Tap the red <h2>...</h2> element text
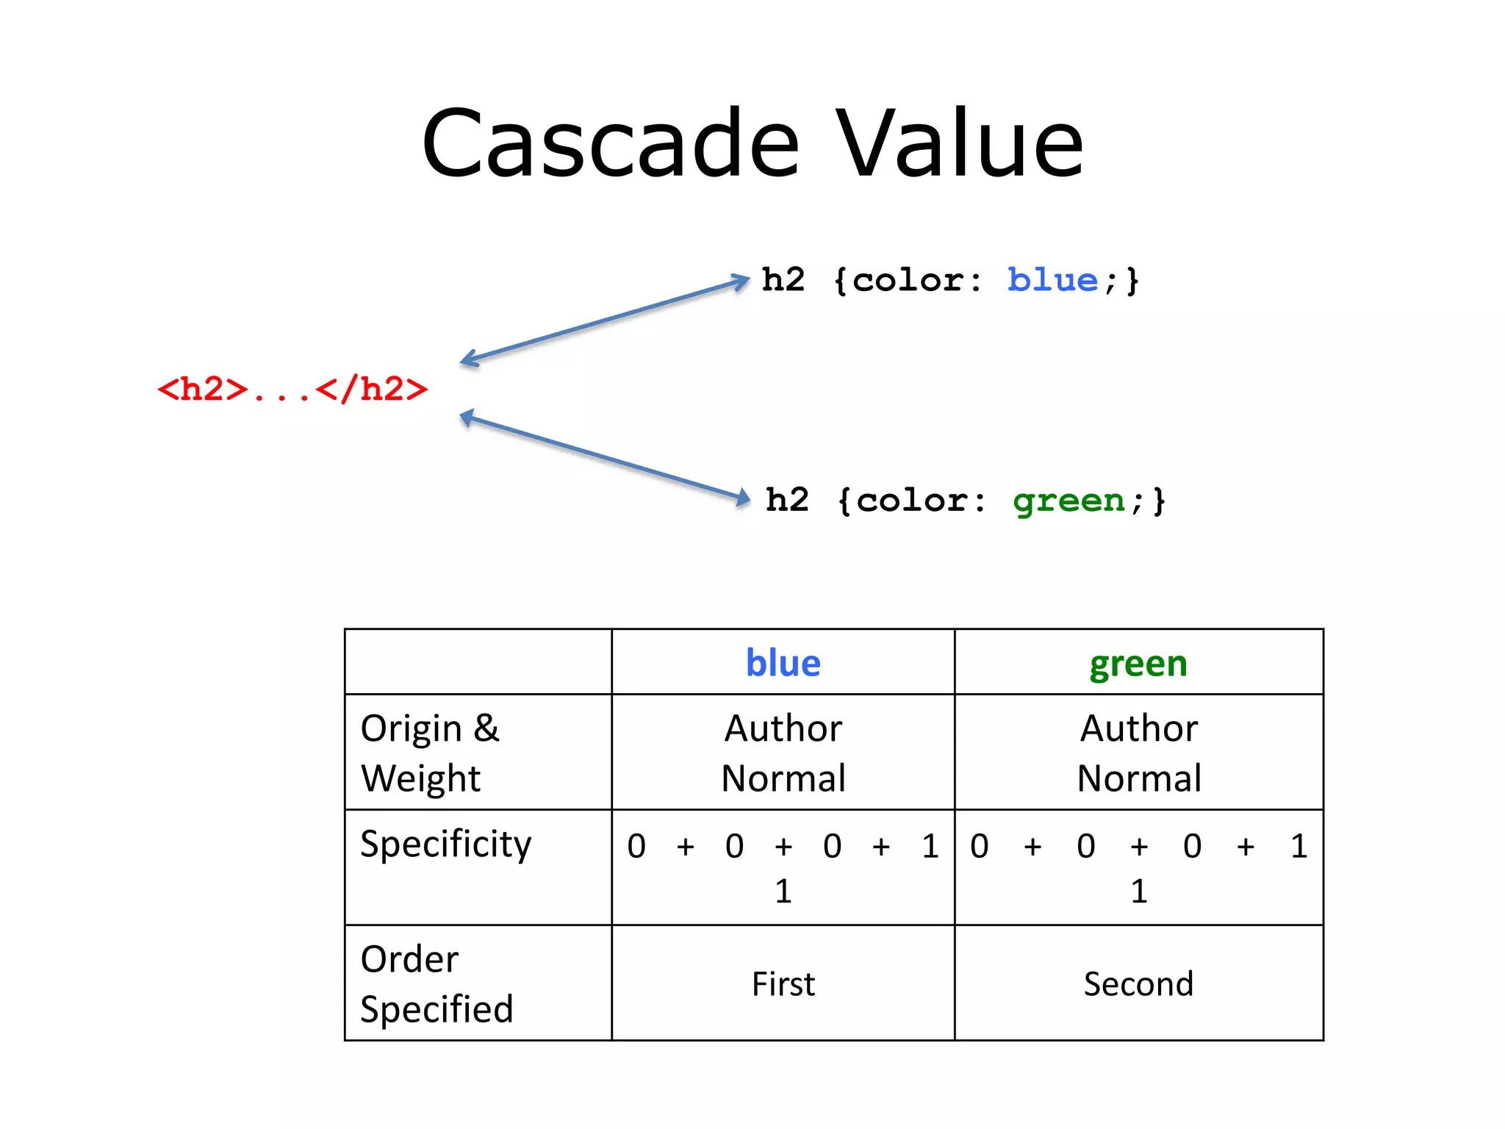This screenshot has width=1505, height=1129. tap(292, 389)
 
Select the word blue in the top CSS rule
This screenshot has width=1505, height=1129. tap(1052, 281)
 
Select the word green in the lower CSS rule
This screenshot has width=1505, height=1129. tap(1068, 501)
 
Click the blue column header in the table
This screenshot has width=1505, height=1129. tap(783, 663)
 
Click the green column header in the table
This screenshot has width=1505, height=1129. tap(1138, 663)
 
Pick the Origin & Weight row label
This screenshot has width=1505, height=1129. tap(430, 753)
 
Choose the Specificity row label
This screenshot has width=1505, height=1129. tap(445, 844)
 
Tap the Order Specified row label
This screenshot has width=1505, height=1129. tap(436, 983)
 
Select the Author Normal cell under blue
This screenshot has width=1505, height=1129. tap(783, 753)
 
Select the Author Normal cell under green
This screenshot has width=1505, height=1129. tap(1138, 753)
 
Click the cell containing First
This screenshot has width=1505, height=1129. tap(783, 983)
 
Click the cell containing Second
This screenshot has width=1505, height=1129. tap(1138, 983)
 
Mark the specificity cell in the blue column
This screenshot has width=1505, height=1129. tap(783, 867)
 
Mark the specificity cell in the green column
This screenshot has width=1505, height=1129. tap(1138, 867)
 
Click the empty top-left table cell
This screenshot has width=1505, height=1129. tap(478, 662)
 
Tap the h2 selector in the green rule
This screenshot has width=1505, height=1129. tap(786, 501)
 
